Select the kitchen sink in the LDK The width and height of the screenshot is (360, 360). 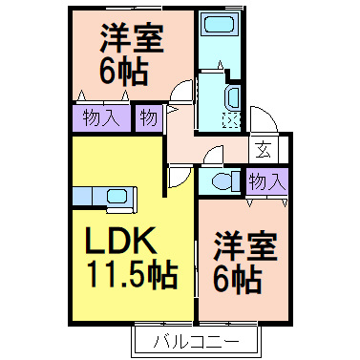[116, 196]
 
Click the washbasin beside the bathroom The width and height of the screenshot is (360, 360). [233, 97]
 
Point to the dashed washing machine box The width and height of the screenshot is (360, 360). [231, 120]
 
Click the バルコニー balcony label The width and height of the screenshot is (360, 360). [197, 342]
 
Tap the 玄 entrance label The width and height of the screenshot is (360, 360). [264, 150]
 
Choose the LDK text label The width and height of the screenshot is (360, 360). [121, 241]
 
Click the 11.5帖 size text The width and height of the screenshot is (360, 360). [133, 274]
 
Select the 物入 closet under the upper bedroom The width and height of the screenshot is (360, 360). [101, 118]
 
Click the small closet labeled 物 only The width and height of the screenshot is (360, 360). [149, 118]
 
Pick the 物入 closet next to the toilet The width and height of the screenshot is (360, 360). [266, 181]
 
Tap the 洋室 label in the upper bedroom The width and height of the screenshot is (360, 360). [132, 38]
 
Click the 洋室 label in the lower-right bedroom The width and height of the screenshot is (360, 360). [245, 246]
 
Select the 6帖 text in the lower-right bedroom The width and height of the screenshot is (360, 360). [238, 280]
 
